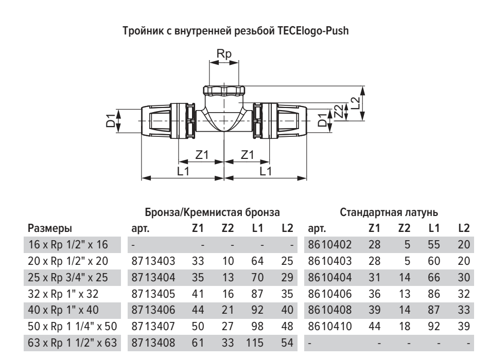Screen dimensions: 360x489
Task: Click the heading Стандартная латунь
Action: (x=389, y=211)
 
